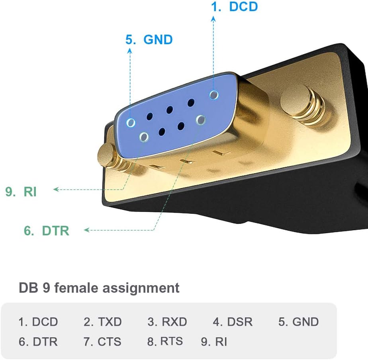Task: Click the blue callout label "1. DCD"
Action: click(234, 7)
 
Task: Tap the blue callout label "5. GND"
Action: click(149, 40)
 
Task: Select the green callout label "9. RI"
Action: click(21, 192)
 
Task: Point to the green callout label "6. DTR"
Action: click(47, 231)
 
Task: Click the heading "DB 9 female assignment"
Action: click(99, 288)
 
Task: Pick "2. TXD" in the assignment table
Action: click(102, 322)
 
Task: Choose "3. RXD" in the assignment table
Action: click(167, 322)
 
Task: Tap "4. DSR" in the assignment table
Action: click(233, 322)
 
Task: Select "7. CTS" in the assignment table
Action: click(102, 342)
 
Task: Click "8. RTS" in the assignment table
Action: click(165, 341)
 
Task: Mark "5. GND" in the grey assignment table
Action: click(299, 322)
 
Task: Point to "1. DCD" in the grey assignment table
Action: click(38, 322)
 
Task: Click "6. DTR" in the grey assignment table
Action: click(38, 342)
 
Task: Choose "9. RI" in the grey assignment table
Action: click(214, 342)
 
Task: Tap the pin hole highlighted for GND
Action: click(131, 123)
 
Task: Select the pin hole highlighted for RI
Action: click(144, 137)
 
